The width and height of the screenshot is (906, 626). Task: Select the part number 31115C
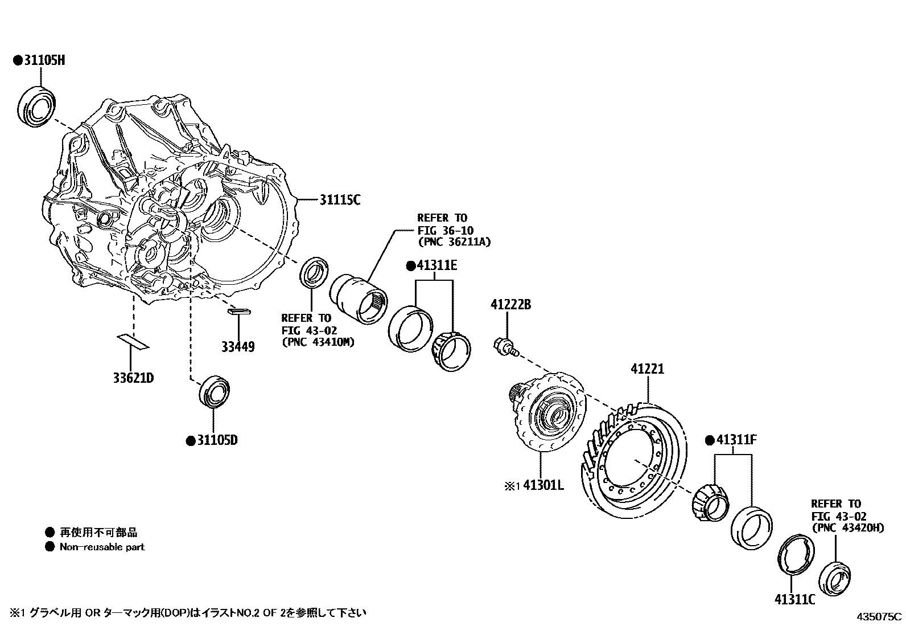point(340,200)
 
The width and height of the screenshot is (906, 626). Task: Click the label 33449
point(238,347)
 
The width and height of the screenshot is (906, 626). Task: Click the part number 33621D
point(134,378)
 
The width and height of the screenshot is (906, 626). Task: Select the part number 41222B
point(510,306)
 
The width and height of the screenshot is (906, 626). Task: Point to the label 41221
point(647,369)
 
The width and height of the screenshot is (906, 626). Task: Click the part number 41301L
point(543,486)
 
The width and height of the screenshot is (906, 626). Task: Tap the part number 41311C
point(794,599)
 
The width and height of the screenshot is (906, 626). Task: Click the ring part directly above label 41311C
point(795,553)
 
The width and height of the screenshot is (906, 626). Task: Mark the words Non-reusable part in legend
point(102,547)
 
